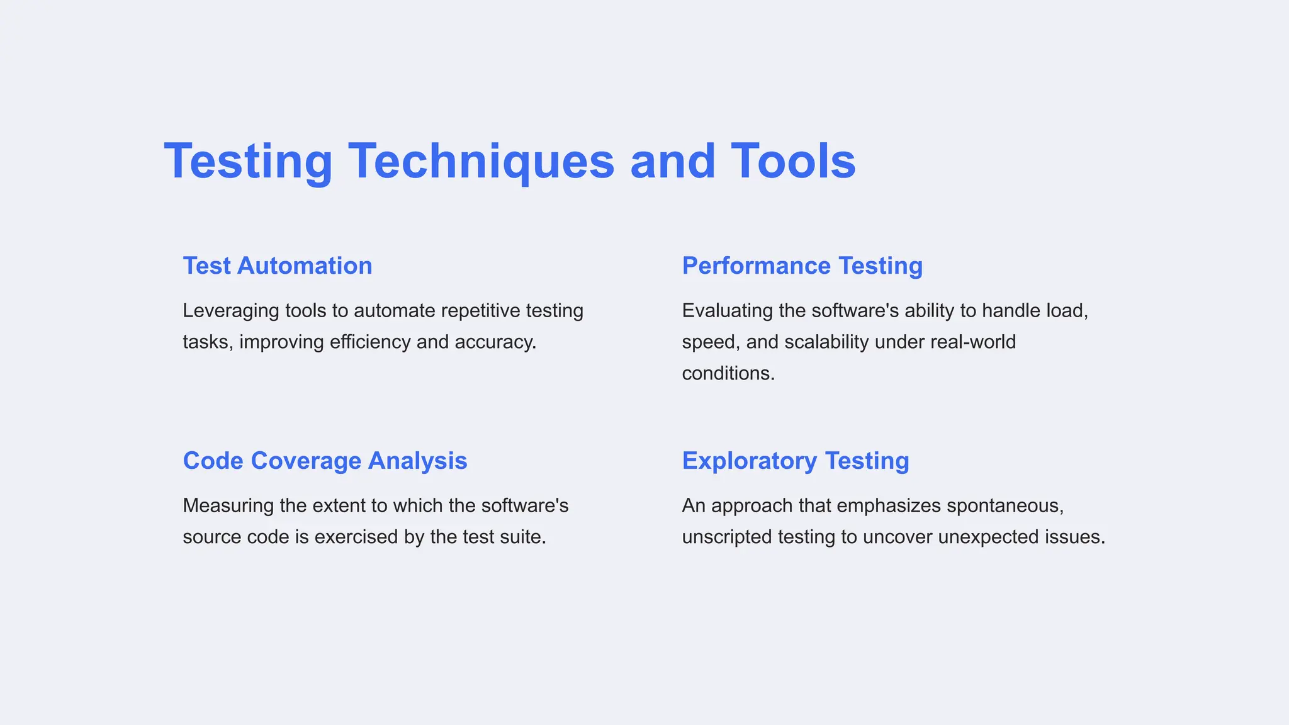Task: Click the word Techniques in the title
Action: [481, 161]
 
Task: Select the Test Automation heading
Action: [278, 266]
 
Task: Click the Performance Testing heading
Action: [802, 266]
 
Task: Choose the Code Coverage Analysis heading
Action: [325, 461]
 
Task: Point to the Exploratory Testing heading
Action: [796, 461]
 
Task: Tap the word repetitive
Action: [481, 311]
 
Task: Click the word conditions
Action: [728, 374]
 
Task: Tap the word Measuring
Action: [228, 506]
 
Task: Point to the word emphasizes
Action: [889, 506]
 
